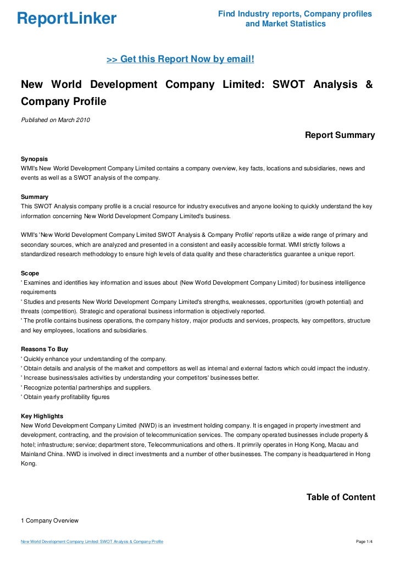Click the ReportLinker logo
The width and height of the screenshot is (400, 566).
(67, 19)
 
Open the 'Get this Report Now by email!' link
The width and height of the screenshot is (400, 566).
(180, 59)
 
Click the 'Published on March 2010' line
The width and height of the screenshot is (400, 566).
(55, 120)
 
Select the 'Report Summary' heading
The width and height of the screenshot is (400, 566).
(340, 135)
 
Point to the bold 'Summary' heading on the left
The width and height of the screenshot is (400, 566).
(35, 197)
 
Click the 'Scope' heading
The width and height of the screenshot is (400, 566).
(30, 273)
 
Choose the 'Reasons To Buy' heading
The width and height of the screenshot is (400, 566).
(45, 349)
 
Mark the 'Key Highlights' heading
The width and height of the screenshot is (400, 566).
(42, 416)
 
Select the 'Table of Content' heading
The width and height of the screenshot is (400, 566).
(341, 497)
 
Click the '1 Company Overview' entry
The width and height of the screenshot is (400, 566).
(49, 520)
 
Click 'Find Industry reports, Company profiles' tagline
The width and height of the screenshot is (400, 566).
(295, 13)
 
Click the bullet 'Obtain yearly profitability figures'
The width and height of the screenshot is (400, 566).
(66, 397)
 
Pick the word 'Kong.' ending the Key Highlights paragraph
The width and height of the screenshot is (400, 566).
(29, 463)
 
